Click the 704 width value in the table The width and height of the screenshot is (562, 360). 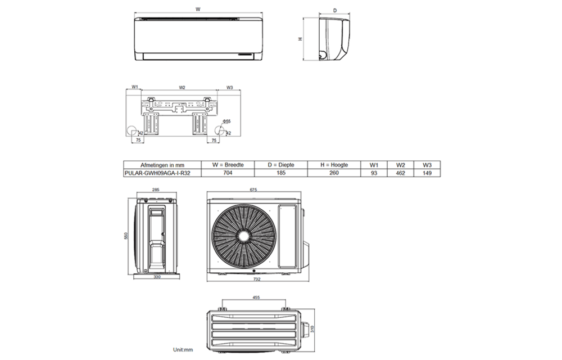pyautogui.click(x=228, y=174)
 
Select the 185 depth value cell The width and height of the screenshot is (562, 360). pyautogui.click(x=281, y=174)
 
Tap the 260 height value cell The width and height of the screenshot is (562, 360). pyautogui.click(x=334, y=174)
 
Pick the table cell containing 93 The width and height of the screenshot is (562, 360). pyautogui.click(x=374, y=174)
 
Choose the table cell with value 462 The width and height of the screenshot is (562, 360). pyautogui.click(x=401, y=174)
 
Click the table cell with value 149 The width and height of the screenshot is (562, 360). pyautogui.click(x=427, y=174)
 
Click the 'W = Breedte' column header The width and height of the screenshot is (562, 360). pyautogui.click(x=228, y=165)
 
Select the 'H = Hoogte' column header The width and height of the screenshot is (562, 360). pyautogui.click(x=334, y=165)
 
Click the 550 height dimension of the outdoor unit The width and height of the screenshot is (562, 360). pyautogui.click(x=127, y=236)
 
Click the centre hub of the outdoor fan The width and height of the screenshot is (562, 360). pyautogui.click(x=244, y=235)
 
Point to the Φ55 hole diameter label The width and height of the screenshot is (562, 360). pyautogui.click(x=226, y=121)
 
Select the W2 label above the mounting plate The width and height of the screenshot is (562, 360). pyautogui.click(x=182, y=87)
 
